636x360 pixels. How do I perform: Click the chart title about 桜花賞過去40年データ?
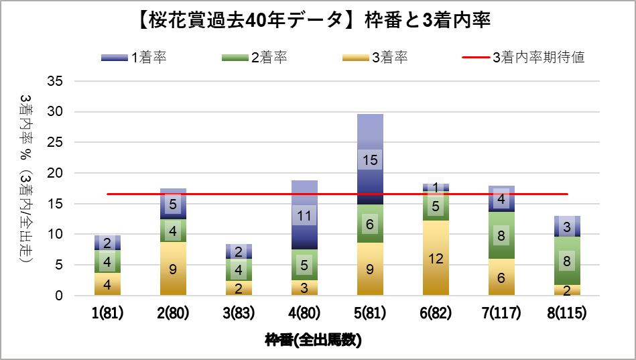[x=318, y=20]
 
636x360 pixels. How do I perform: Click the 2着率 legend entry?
[x=254, y=57]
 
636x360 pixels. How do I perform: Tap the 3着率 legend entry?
[x=375, y=57]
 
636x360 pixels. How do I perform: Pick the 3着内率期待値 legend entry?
[x=523, y=57]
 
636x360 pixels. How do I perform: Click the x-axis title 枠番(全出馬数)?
[x=313, y=340]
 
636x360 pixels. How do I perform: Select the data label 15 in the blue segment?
[x=370, y=160]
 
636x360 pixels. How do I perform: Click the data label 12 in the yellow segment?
[x=436, y=258]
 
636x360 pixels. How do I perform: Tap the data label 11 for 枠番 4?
[x=304, y=215]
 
